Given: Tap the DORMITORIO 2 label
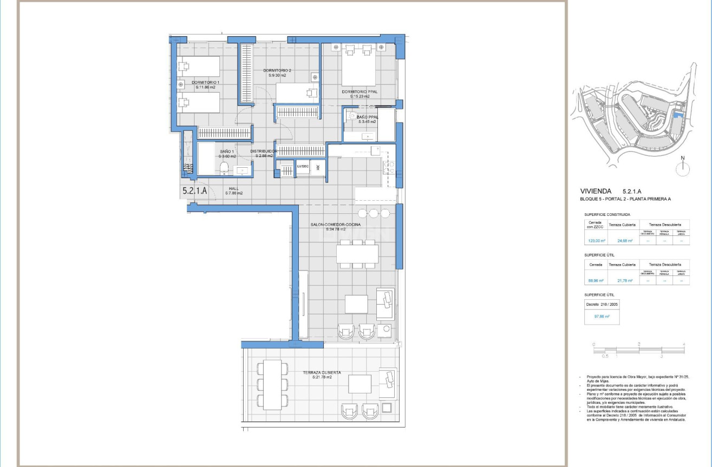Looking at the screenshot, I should (277, 71).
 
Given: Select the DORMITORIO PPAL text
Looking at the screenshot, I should (360, 92).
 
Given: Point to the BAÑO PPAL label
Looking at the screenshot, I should (367, 117).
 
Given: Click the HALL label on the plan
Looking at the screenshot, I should (234, 188).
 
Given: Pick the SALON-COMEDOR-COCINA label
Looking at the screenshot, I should (335, 225).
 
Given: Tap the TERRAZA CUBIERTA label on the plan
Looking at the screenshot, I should (322, 373).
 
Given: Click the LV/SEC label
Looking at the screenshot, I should (303, 167).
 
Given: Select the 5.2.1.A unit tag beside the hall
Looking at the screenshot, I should (195, 190).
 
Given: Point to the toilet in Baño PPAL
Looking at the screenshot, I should (351, 115).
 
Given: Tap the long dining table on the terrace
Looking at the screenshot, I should (273, 384).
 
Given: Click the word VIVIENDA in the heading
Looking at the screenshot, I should (596, 191).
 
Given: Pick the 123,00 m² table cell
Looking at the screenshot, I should (596, 241).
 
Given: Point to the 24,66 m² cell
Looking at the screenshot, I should (622, 241).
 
